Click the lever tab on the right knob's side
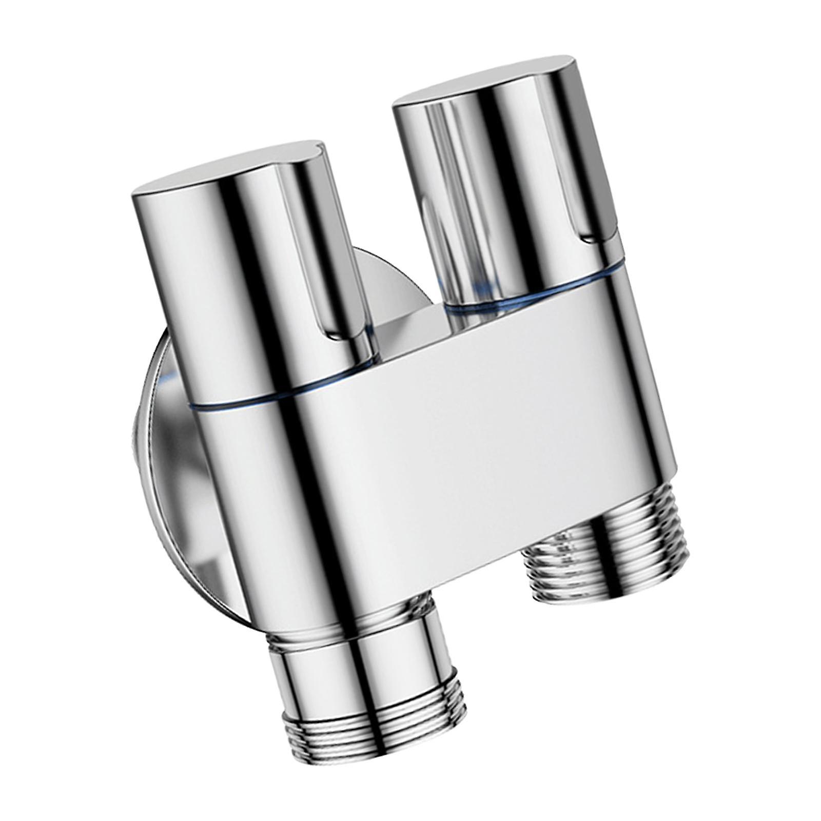[595, 216]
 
